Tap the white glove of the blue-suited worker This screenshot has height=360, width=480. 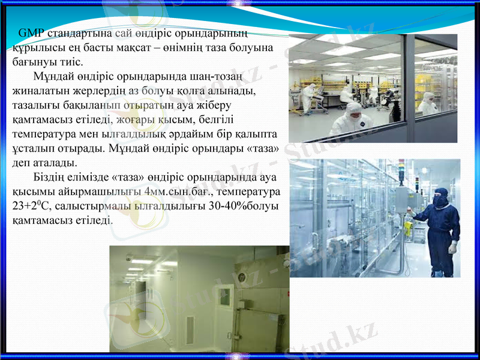point(452,247)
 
